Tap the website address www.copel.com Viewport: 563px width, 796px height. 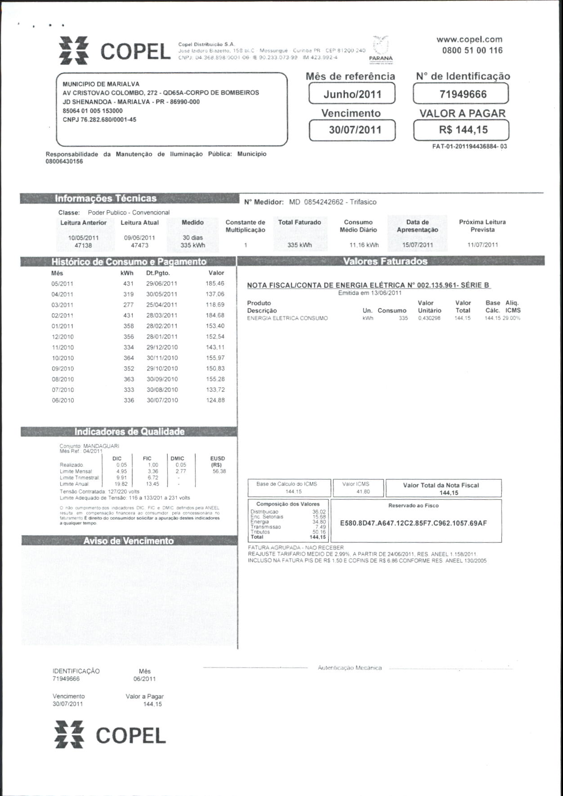pos(469,39)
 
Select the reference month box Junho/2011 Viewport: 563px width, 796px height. pos(352,94)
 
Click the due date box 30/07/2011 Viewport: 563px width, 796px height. pos(352,130)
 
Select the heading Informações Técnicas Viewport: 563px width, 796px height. pos(106,198)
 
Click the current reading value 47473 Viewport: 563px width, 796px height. pos(139,246)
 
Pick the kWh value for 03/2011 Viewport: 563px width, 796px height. pos(129,305)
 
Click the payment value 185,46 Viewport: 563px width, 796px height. pos(215,284)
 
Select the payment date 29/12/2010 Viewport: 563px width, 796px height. pos(162,348)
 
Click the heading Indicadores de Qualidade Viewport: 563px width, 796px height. pos(130,432)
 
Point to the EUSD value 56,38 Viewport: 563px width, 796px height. pos(219,471)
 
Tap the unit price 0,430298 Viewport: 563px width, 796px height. pos(429,318)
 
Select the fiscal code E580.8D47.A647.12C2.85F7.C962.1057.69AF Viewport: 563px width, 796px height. pos(413,523)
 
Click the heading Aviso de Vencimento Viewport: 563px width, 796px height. pos(129,541)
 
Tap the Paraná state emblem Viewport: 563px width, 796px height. pos(381,47)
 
